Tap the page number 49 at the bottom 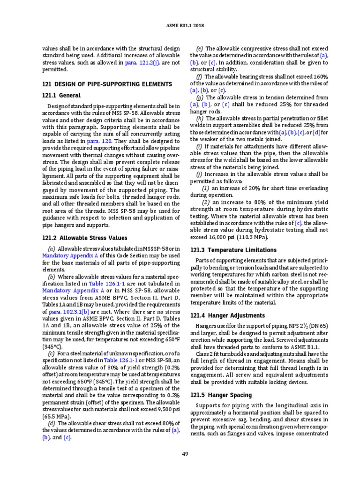185,453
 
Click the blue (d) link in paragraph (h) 317,133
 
